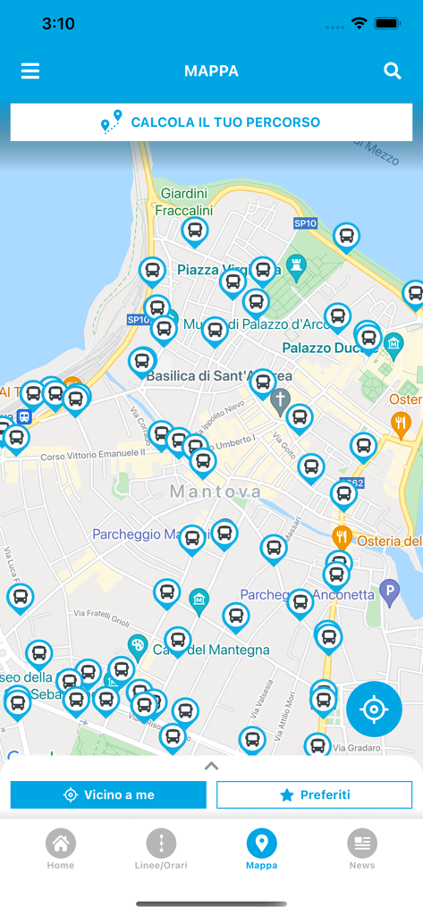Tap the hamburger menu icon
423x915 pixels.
(x=30, y=71)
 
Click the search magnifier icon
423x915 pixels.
(x=393, y=71)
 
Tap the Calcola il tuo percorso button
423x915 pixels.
(x=211, y=122)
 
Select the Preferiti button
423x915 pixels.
(x=314, y=794)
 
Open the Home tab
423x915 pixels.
(x=61, y=848)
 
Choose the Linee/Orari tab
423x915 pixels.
(x=161, y=848)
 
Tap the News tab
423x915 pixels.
(x=362, y=848)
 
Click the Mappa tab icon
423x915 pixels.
(x=261, y=843)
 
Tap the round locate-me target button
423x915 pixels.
(x=374, y=709)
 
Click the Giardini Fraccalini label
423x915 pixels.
(x=183, y=202)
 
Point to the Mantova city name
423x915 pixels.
(x=216, y=491)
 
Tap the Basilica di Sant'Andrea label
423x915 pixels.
(x=206, y=376)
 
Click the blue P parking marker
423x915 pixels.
(x=388, y=590)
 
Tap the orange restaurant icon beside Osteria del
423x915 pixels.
(x=342, y=537)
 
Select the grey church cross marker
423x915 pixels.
(x=280, y=399)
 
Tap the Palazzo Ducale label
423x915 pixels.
(x=318, y=347)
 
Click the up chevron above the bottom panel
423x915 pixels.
(x=211, y=766)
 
